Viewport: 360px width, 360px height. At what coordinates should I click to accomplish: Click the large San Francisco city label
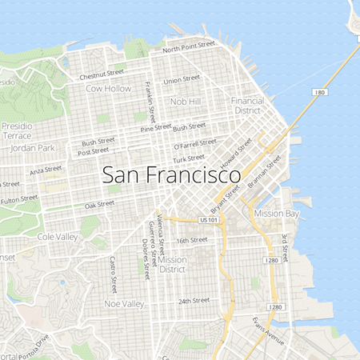[x=172, y=175]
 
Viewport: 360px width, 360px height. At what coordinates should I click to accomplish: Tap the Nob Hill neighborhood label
[x=185, y=102]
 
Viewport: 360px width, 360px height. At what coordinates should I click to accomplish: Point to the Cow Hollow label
[x=108, y=88]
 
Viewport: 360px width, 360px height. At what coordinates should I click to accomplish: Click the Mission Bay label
[x=276, y=214]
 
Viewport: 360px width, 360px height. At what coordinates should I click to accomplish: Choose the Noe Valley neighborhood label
[x=124, y=304]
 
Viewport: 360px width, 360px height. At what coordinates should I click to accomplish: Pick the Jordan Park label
[x=33, y=148]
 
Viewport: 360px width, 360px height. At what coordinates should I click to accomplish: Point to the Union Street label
[x=182, y=80]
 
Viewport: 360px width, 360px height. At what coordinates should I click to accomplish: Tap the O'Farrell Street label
[x=194, y=144]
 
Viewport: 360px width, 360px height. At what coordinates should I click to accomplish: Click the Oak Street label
[x=99, y=205]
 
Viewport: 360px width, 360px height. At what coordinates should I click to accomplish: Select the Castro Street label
[x=114, y=274]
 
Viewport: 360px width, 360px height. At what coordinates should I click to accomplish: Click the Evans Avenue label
[x=267, y=331]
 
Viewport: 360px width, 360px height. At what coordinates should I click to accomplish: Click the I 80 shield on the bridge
[x=320, y=93]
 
